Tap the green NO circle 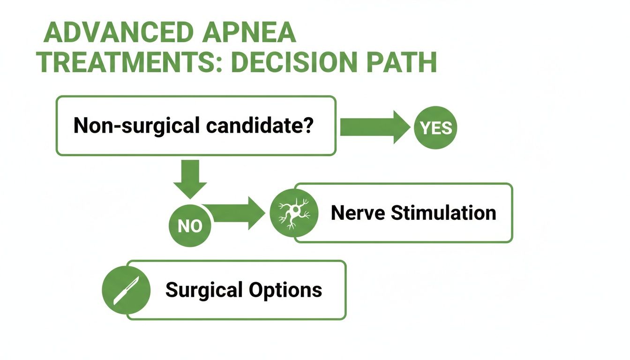point(190,226)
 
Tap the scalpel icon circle point(126,290)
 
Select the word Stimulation point(443,213)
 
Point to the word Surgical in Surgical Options point(203,290)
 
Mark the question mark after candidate point(308,125)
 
